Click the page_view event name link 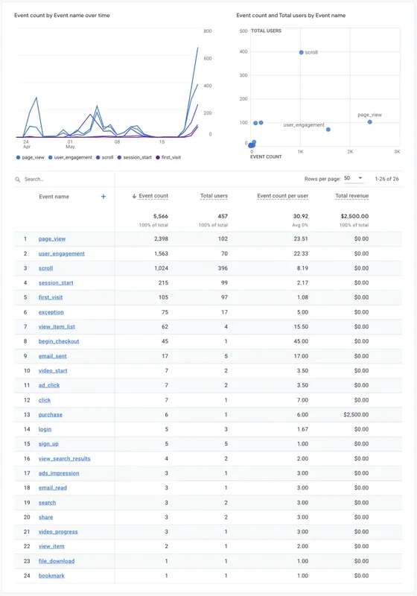(x=52, y=239)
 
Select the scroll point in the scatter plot (x=302, y=52)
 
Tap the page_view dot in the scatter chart (x=369, y=121)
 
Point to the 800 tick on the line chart (x=208, y=31)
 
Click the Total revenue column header (x=351, y=196)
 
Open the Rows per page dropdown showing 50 (x=353, y=179)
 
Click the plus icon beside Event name (x=104, y=197)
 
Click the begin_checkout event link (x=59, y=341)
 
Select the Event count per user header (x=282, y=196)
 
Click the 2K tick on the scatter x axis (x=350, y=151)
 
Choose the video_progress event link (x=58, y=532)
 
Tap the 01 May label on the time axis (x=70, y=143)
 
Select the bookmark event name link (x=51, y=576)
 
